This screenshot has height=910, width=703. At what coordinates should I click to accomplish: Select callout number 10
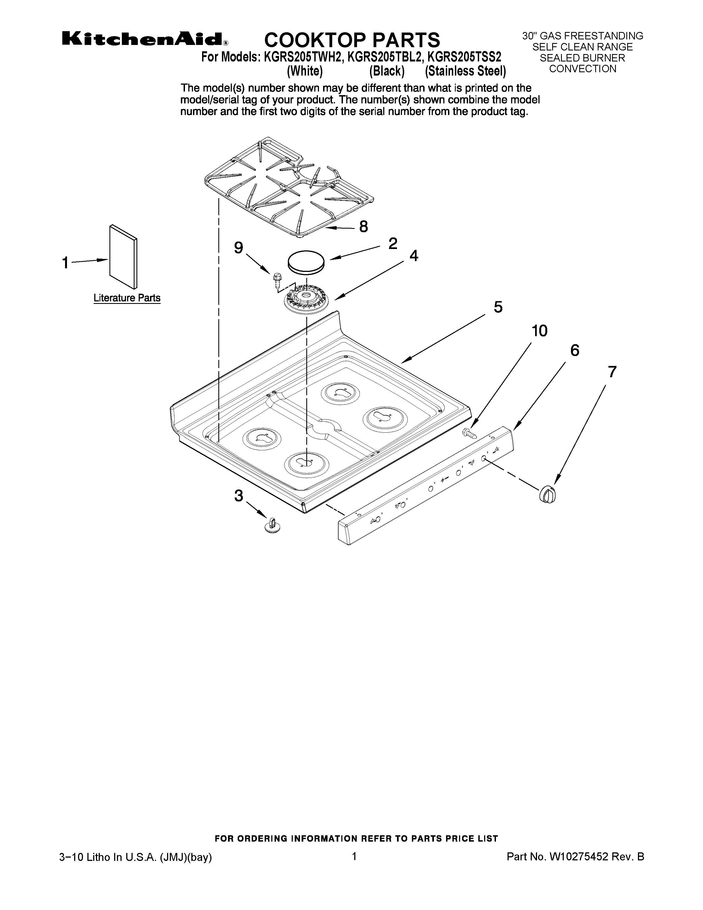click(x=539, y=331)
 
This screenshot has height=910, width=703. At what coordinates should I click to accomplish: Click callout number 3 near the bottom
click(x=238, y=496)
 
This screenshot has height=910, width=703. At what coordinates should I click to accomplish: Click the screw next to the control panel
click(x=470, y=433)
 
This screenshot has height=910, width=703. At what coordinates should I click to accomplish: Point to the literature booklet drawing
click(x=123, y=256)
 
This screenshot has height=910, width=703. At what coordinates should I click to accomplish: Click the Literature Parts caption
click(x=127, y=298)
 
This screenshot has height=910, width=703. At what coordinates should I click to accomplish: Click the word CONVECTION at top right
click(x=582, y=69)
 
